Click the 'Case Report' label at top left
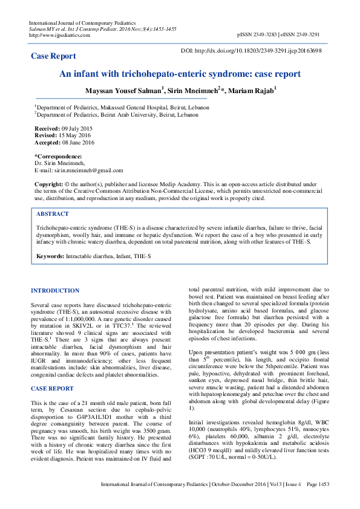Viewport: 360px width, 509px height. click(53, 56)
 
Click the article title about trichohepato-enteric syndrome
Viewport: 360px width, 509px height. click(180, 74)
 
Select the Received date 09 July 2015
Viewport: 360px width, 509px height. click(76, 129)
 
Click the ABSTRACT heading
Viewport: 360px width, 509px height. click(53, 214)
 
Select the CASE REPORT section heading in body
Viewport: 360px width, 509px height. click(52, 371)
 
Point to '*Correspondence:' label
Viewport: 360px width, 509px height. click(58, 157)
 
